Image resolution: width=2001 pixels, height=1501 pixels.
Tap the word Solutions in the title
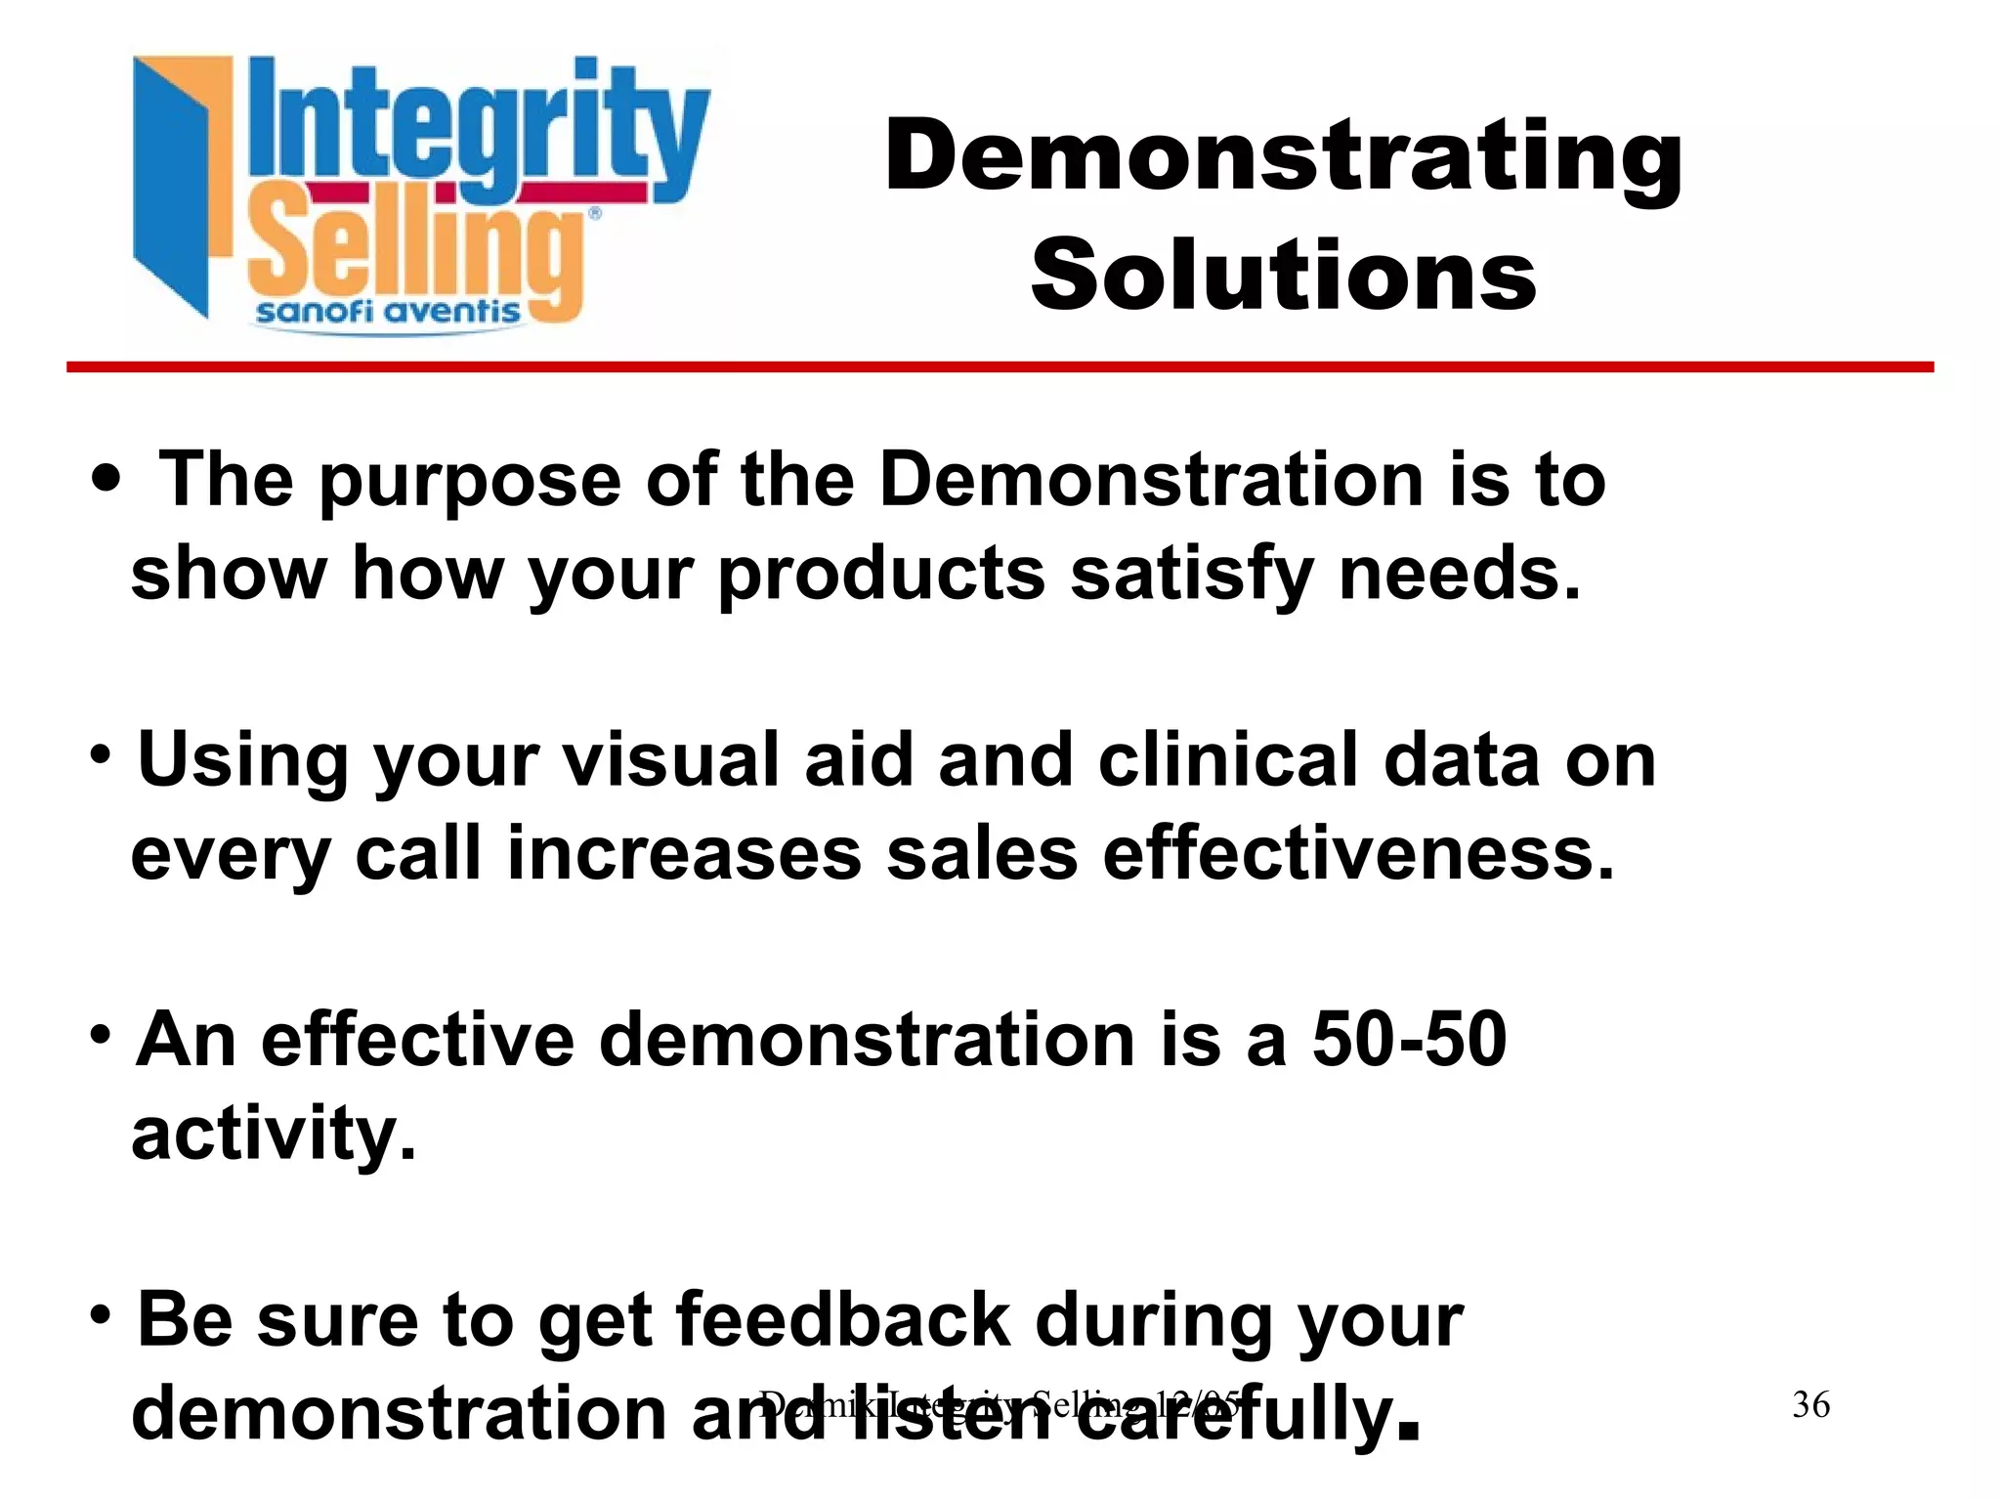point(1283,276)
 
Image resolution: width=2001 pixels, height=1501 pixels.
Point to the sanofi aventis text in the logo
point(388,312)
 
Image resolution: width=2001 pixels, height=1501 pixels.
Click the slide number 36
point(1810,1404)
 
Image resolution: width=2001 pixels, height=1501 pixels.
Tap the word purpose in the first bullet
point(469,481)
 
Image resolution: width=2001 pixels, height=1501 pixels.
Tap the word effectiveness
point(1358,853)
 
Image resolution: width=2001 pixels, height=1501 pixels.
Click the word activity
point(275,1134)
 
